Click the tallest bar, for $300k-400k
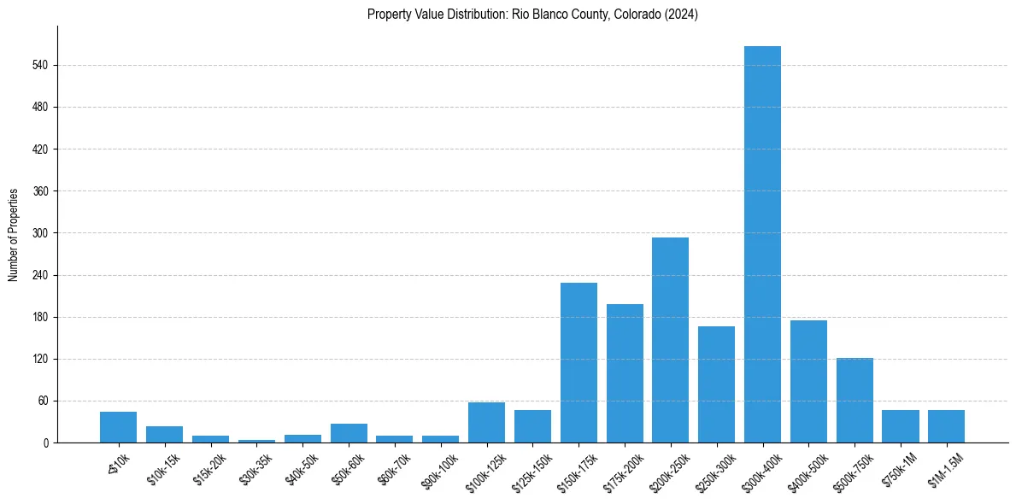[762, 244]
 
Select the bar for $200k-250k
[670, 340]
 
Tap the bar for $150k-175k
[578, 362]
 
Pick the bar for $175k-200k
[625, 373]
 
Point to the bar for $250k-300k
[716, 384]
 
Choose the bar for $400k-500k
[808, 381]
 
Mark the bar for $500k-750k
[854, 400]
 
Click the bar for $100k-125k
[486, 422]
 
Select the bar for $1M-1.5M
[946, 426]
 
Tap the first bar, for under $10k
[118, 427]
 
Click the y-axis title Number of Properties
[14, 234]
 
